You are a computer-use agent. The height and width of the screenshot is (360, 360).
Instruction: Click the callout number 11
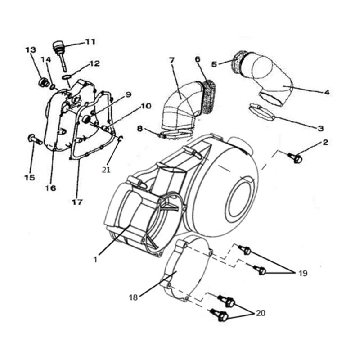[x=90, y=42]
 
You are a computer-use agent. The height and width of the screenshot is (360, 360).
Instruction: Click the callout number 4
[x=327, y=92]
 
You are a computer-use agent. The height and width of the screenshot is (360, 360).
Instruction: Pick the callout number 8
[x=140, y=129]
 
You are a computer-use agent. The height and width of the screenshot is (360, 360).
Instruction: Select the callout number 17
[x=77, y=202]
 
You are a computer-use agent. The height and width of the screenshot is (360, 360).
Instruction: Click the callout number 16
[x=50, y=188]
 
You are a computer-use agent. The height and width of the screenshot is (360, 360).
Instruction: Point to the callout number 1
[x=95, y=259]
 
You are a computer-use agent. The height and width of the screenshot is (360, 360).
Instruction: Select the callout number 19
[x=302, y=273]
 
